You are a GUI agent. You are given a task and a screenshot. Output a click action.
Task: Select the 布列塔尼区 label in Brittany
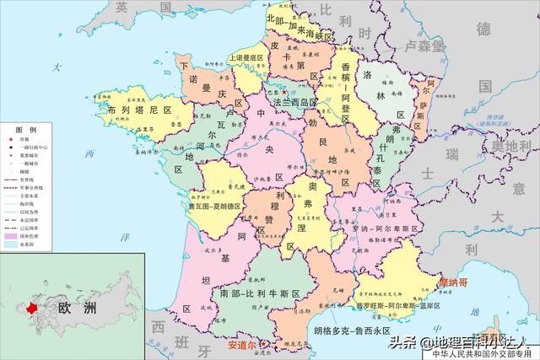pos(138,110)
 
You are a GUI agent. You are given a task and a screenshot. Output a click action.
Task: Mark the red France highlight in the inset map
pos(34,309)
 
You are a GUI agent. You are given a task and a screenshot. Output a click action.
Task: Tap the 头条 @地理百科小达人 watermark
pos(459,341)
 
